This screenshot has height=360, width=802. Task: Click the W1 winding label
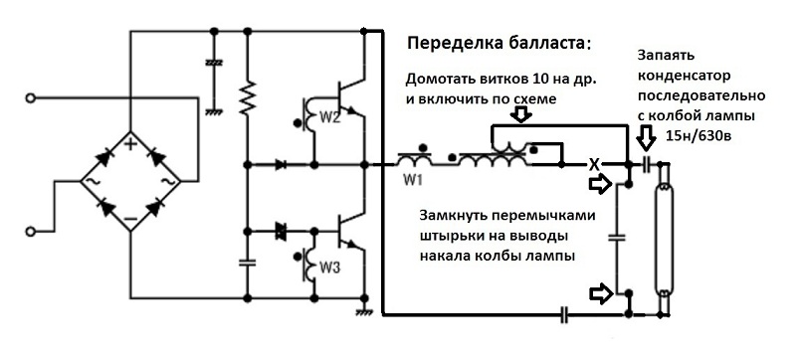point(412,180)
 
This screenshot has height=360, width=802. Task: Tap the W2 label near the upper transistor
point(330,118)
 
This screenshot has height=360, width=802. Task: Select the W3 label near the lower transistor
point(330,267)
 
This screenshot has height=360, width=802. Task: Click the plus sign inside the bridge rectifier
point(130,144)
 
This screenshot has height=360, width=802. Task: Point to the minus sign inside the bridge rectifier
point(130,218)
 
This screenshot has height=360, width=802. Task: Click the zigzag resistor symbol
point(248,97)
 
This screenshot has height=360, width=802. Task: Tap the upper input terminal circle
point(31,98)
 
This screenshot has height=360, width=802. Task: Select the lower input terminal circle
point(31,232)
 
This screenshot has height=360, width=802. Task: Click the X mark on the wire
point(594,165)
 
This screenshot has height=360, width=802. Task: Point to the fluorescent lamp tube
point(664,238)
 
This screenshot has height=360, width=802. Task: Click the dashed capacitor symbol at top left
point(214,63)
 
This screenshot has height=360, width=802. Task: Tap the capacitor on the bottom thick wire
point(563,315)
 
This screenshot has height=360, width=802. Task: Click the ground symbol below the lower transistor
point(363,310)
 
